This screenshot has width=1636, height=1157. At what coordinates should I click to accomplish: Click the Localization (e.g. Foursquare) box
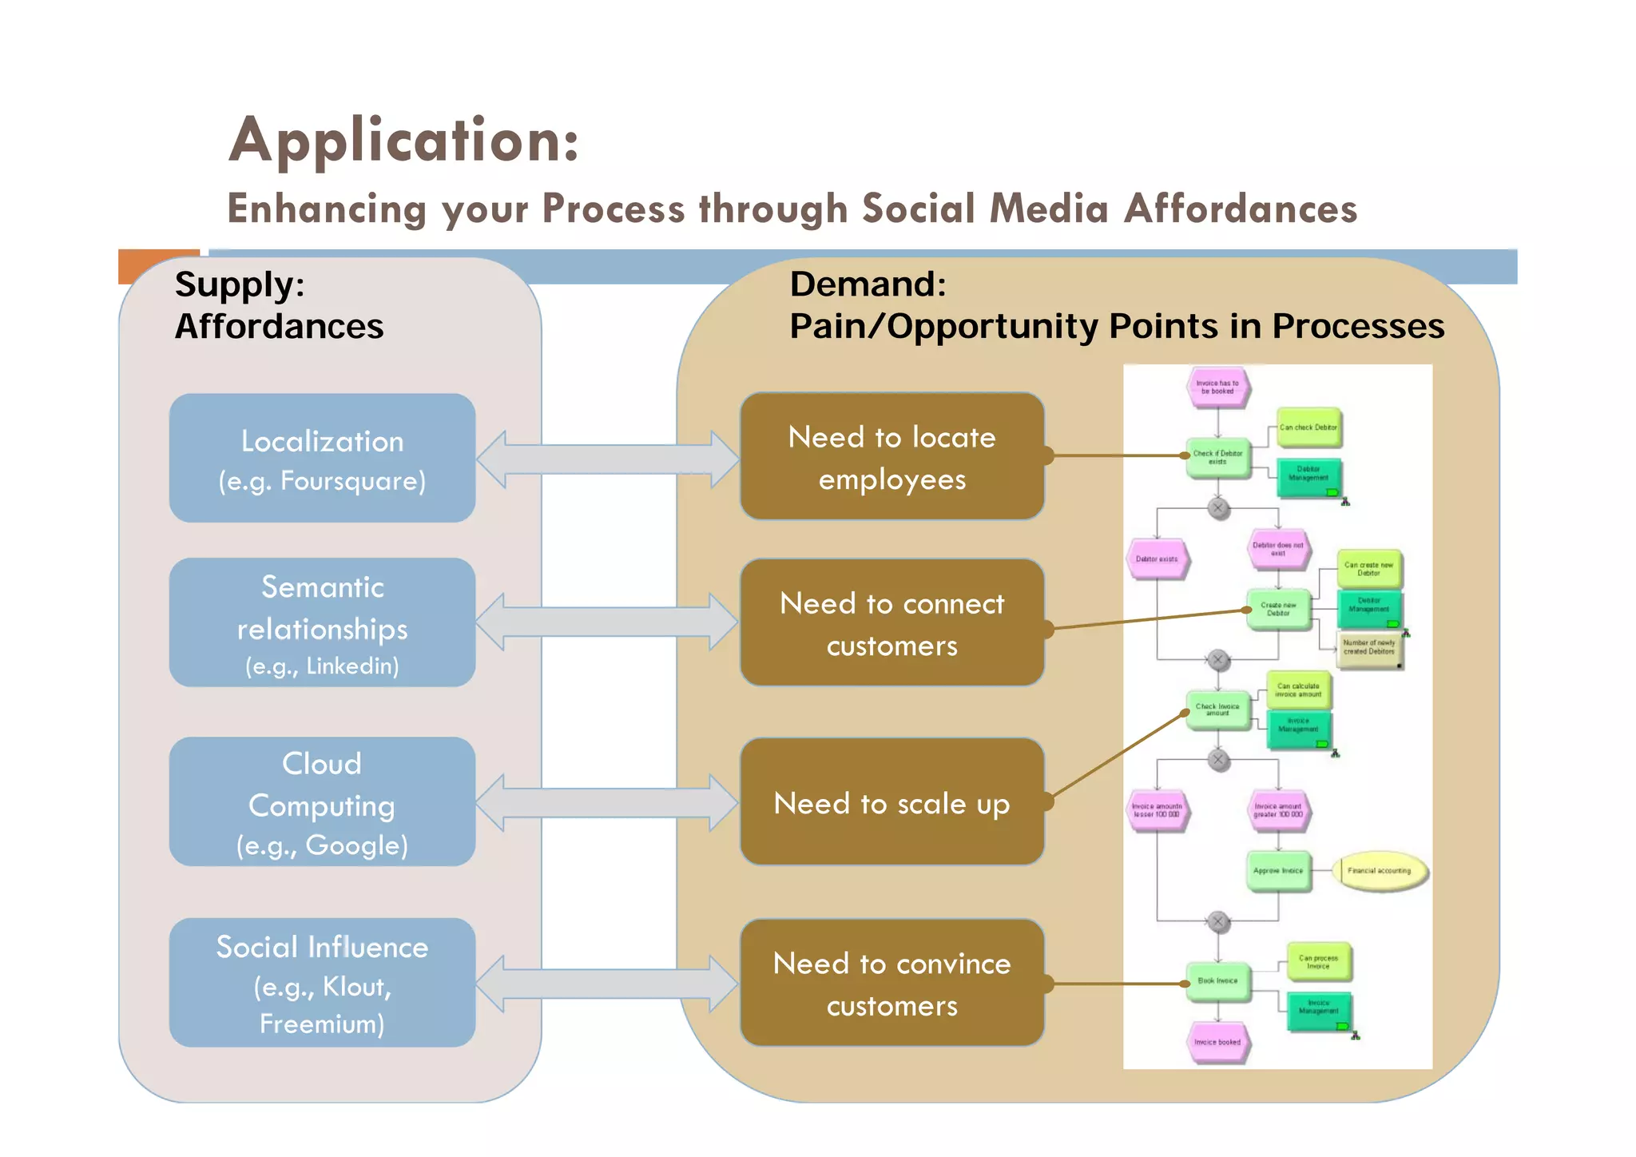[322, 458]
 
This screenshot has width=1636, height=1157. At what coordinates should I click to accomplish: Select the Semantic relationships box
[322, 622]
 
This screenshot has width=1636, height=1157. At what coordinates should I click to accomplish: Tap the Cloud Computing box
[322, 801]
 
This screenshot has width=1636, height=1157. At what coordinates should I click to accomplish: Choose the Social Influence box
[322, 983]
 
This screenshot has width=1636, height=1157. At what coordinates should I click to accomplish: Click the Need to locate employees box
[891, 457]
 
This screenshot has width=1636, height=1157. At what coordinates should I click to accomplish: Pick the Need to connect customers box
[891, 622]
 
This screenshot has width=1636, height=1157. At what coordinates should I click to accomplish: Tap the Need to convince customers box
[891, 983]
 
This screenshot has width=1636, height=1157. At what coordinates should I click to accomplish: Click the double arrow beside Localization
[607, 459]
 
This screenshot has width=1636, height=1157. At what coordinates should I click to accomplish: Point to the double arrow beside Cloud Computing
[607, 803]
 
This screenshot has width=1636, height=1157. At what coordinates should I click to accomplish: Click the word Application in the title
[403, 141]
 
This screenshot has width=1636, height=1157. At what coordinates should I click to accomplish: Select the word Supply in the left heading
[240, 284]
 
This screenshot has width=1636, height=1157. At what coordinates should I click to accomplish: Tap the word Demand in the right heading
[868, 284]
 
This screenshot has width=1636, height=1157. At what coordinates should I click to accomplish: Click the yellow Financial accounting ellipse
[1379, 871]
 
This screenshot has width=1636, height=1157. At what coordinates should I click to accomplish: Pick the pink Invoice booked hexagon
[1217, 1042]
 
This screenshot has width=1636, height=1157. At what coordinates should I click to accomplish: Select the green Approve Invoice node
[1277, 871]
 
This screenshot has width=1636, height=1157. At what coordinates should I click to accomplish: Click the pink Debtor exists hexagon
[1157, 559]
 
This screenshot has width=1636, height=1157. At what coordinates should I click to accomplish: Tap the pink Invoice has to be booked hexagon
[1217, 388]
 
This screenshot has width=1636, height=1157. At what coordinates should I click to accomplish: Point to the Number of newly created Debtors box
[1368, 647]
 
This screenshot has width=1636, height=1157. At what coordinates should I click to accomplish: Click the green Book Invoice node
[1217, 981]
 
